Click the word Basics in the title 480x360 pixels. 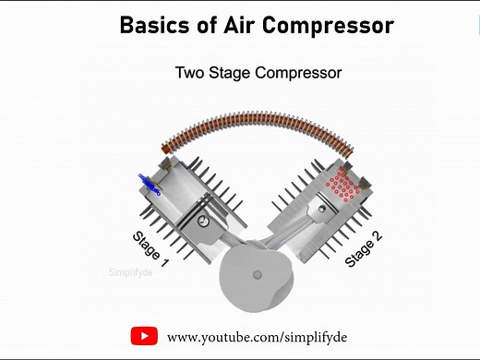click(151, 25)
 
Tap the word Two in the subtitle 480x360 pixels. click(191, 71)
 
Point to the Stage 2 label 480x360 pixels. click(364, 248)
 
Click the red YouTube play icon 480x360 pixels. click(143, 335)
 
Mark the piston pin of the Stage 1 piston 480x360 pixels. click(201, 222)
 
